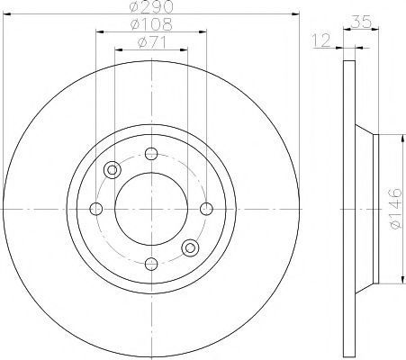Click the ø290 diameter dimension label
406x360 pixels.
152,6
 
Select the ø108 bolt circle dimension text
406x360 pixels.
152,24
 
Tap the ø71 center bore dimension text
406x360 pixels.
152,42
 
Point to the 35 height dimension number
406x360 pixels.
361,22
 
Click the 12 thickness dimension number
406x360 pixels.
321,40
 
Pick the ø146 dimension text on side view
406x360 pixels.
395,209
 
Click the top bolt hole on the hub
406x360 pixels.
151,154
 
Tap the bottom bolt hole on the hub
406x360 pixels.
151,264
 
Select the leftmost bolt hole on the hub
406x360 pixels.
96,209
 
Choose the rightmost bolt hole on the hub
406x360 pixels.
206,209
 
